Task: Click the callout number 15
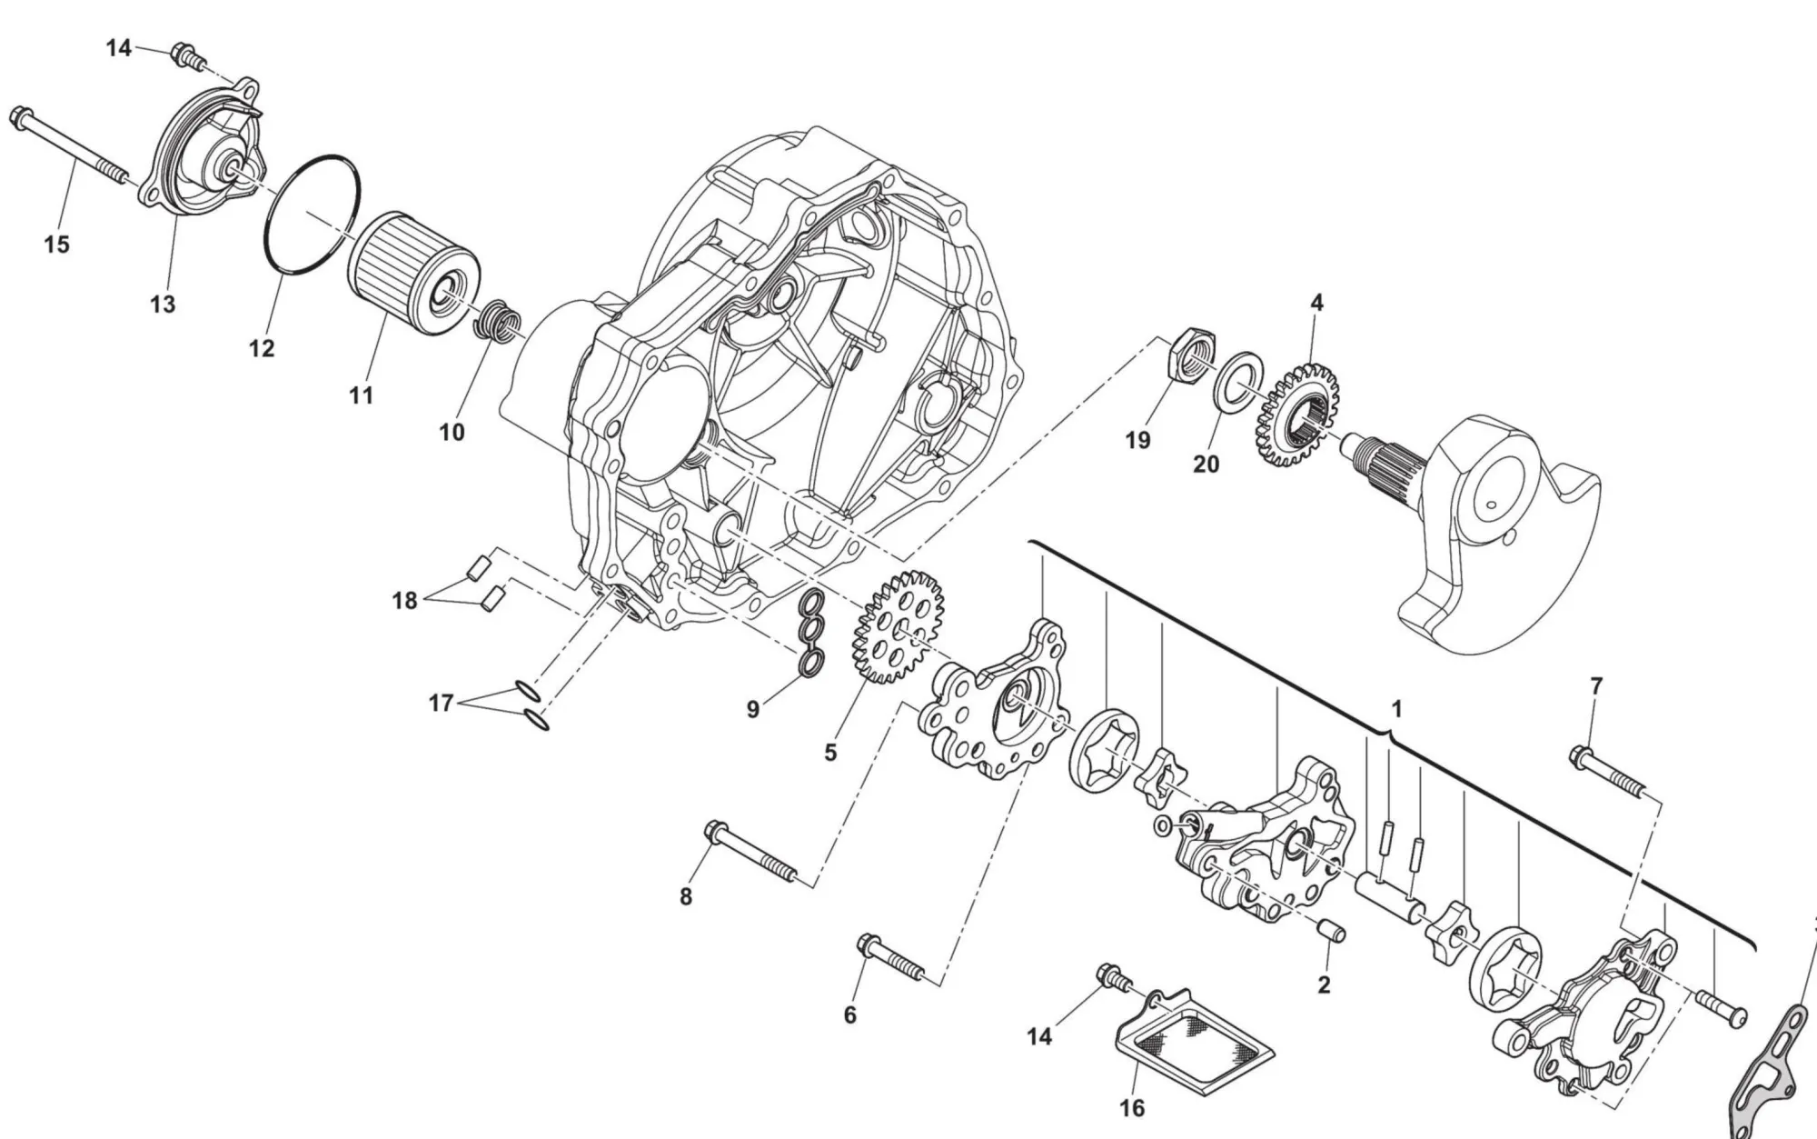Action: click(56, 245)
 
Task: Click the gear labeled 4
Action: click(1299, 414)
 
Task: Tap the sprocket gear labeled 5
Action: click(898, 627)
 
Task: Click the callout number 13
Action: click(163, 305)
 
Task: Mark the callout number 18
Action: click(404, 601)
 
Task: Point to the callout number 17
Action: click(441, 703)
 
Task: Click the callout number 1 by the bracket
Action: click(1396, 709)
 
